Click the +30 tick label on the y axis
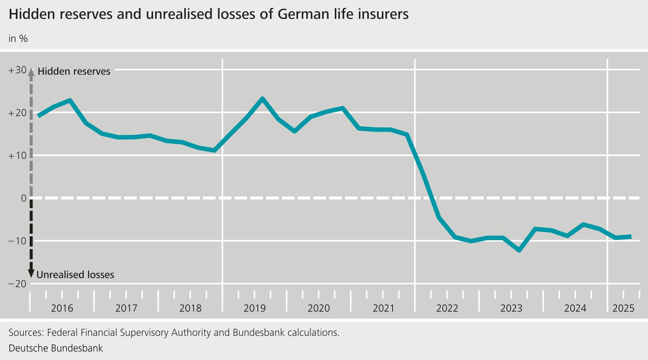tap(17, 70)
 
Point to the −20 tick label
tap(17, 284)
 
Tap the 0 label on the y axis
tap(24, 198)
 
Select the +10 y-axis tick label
tap(17, 156)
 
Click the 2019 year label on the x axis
tap(254, 308)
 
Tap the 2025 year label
tap(623, 308)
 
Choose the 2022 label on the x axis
tap(447, 308)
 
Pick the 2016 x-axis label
tap(62, 308)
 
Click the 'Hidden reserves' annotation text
tap(74, 71)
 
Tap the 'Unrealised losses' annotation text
tap(75, 275)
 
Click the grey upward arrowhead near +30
tap(31, 72)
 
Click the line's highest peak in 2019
tap(262, 98)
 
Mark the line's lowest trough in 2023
tap(519, 250)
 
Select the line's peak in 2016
tap(70, 100)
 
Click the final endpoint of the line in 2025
tap(630, 237)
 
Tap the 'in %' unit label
tap(18, 39)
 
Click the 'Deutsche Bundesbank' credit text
tap(56, 348)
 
